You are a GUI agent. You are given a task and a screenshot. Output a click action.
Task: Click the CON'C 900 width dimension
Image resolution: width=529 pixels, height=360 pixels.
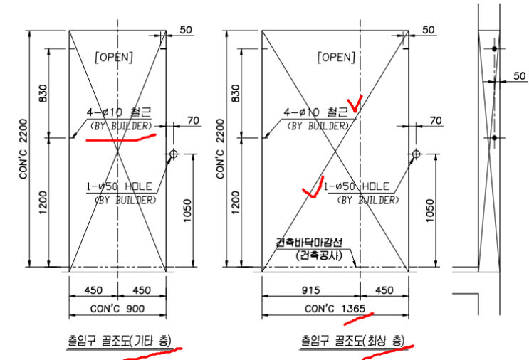(x=117, y=309)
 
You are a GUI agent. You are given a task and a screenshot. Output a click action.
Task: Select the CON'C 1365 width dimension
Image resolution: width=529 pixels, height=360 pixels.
(x=335, y=309)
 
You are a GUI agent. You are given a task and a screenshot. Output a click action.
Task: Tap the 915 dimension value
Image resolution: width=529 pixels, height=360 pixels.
(x=310, y=290)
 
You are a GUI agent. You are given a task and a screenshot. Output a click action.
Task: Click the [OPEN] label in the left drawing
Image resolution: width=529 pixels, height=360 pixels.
(x=114, y=58)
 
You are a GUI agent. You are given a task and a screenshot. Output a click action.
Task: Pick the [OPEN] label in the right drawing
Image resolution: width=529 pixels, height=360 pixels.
(x=336, y=58)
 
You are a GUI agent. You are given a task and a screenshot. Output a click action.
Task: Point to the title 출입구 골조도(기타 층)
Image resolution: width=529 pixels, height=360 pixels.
(x=120, y=341)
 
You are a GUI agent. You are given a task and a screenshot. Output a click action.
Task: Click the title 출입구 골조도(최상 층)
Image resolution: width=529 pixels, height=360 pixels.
(x=352, y=341)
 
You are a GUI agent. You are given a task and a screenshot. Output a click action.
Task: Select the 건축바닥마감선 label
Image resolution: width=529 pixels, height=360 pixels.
(x=309, y=242)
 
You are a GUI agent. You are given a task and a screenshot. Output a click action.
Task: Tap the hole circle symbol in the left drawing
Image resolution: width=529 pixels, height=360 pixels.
(x=174, y=154)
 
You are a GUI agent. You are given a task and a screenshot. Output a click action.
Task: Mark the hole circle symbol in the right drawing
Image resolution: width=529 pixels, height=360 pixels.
(x=416, y=154)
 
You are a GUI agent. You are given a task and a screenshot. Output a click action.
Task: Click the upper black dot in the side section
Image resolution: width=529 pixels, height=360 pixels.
(x=494, y=49)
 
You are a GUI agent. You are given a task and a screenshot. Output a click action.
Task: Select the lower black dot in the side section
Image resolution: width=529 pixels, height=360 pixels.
(x=494, y=138)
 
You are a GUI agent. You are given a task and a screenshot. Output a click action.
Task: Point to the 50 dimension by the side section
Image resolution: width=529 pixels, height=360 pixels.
(x=520, y=76)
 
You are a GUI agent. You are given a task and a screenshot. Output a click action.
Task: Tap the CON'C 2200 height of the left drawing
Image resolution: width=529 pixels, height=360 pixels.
(x=23, y=149)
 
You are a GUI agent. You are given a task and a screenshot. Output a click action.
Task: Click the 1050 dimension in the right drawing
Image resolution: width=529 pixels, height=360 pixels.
(x=430, y=211)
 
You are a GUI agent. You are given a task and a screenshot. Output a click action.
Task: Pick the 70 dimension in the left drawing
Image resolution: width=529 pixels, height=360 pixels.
(x=194, y=120)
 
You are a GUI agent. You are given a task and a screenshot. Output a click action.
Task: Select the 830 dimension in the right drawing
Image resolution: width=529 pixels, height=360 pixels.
(x=236, y=93)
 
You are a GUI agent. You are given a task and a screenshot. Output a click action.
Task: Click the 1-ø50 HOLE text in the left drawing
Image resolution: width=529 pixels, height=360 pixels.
(x=119, y=186)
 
